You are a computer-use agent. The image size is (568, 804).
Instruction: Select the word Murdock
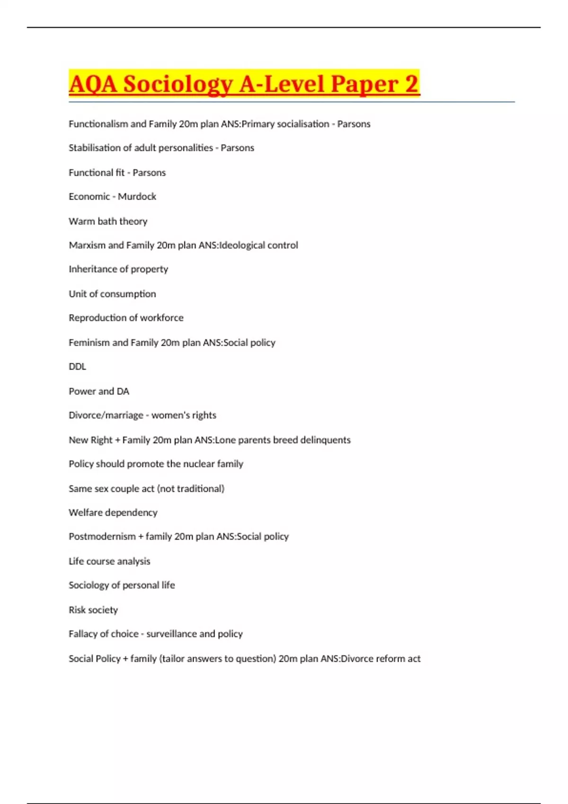(x=137, y=196)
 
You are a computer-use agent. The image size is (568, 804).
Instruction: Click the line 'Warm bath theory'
(x=108, y=221)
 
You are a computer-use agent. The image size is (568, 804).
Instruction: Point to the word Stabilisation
(x=93, y=148)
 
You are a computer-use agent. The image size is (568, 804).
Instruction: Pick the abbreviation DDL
(x=78, y=367)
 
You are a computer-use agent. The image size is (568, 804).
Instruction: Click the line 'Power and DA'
(x=99, y=391)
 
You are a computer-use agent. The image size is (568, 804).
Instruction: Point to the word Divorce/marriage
(x=106, y=415)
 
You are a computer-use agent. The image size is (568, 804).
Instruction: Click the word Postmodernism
(x=102, y=536)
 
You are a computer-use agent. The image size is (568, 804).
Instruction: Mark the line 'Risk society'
(x=93, y=610)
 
